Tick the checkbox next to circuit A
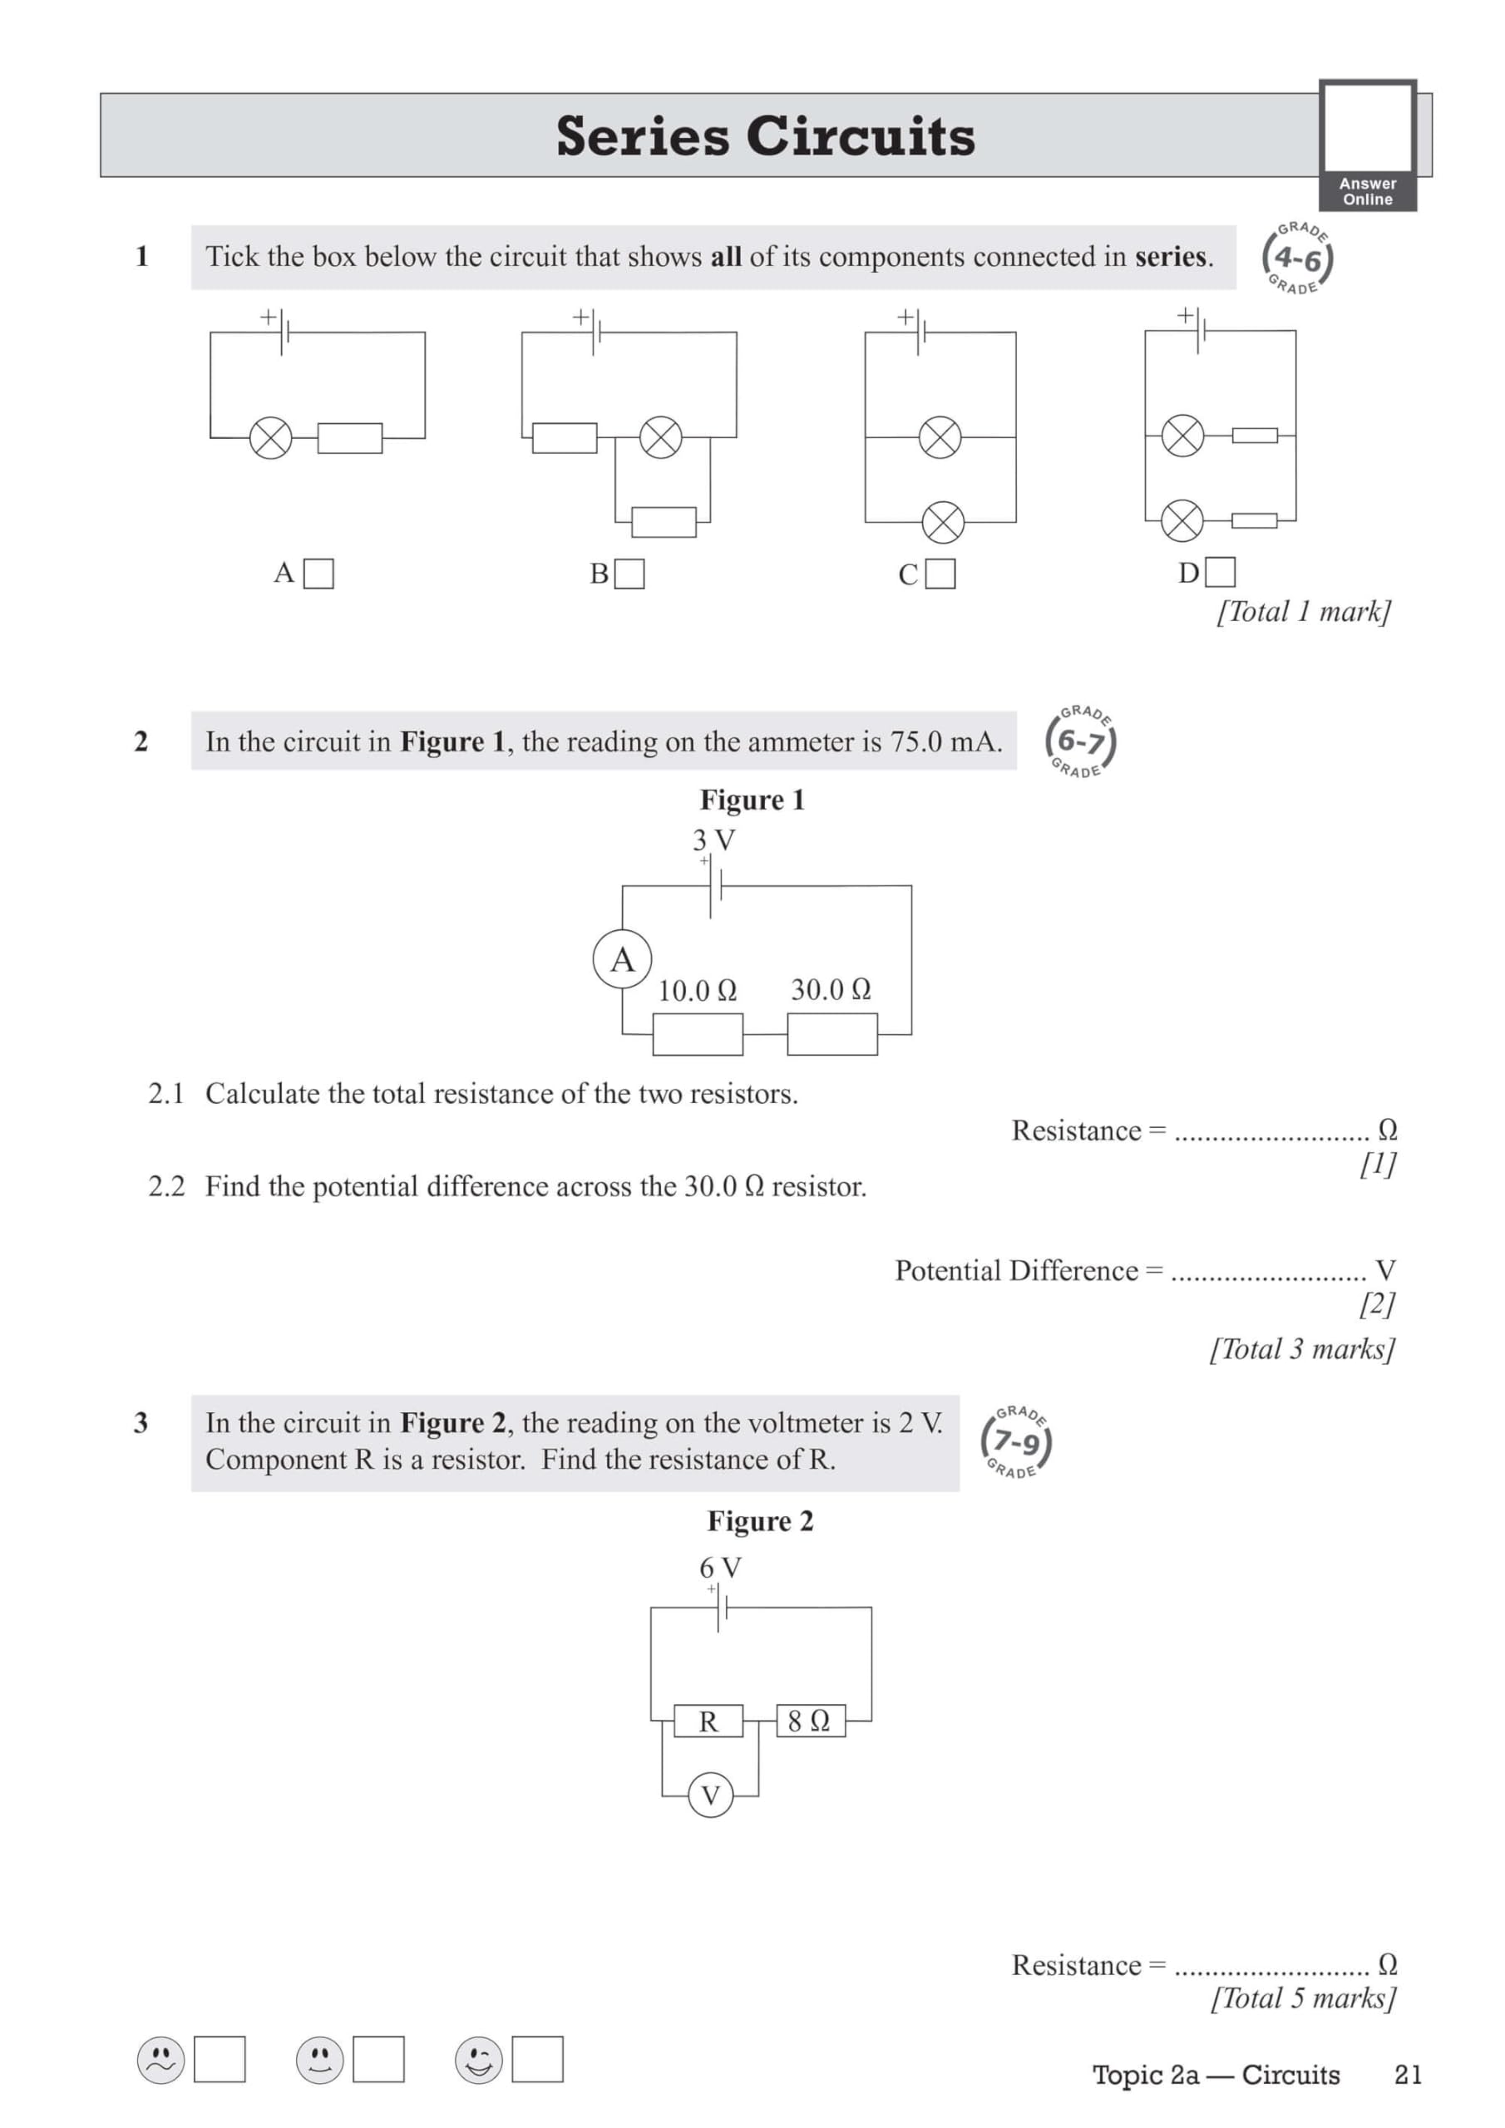(x=318, y=574)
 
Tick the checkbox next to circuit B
(x=629, y=574)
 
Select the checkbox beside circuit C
(x=940, y=574)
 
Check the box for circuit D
(x=1220, y=572)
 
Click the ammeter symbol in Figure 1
(x=622, y=959)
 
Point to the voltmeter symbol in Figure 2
(x=710, y=1795)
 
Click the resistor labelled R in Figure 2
(x=708, y=1722)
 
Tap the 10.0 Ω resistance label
(x=698, y=991)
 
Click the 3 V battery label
(x=713, y=840)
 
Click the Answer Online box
(x=1368, y=145)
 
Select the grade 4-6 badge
(x=1297, y=259)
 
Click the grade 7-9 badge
(x=1016, y=1442)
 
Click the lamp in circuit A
(x=271, y=437)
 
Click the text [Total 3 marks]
(x=1302, y=1348)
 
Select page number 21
(x=1408, y=2074)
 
